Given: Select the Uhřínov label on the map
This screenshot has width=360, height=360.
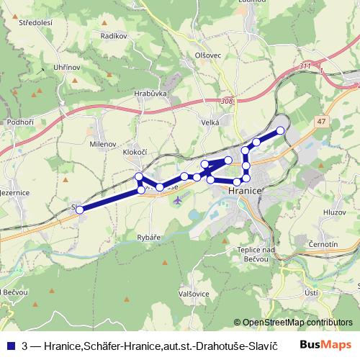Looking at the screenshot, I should click(66, 67).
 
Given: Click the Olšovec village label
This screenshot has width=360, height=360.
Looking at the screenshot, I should click(206, 55).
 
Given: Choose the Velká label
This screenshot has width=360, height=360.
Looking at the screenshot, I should click(210, 123).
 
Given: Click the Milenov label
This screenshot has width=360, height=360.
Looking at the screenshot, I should click(103, 144).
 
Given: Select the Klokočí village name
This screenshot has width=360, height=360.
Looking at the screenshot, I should click(135, 153).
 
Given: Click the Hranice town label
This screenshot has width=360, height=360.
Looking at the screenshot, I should click(243, 192).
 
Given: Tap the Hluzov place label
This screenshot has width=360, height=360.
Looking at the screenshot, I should click(336, 212).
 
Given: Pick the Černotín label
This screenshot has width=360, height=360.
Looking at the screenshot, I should click(334, 245).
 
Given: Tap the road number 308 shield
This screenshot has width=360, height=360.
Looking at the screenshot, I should click(228, 102).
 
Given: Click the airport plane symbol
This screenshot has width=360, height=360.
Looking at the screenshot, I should click(178, 199).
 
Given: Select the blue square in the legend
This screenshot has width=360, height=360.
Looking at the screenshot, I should click(9, 346).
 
